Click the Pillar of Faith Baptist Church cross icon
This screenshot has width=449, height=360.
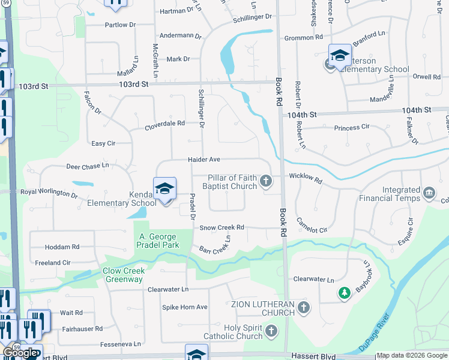point(266,181)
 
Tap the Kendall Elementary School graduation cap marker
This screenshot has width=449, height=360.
point(164,189)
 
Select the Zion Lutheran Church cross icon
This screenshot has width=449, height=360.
point(304,308)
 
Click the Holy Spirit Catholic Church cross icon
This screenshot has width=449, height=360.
point(271,331)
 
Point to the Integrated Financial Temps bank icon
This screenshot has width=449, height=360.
point(430,192)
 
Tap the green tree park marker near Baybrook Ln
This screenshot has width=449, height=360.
point(344,293)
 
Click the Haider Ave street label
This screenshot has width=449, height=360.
point(204,160)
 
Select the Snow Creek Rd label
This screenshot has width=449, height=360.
point(221,227)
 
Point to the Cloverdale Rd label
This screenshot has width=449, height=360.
point(164,125)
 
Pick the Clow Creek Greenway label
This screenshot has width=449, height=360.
point(122,275)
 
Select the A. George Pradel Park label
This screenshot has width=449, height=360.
point(158,241)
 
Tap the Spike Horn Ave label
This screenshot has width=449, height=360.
point(185,307)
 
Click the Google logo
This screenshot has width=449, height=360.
point(20,353)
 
